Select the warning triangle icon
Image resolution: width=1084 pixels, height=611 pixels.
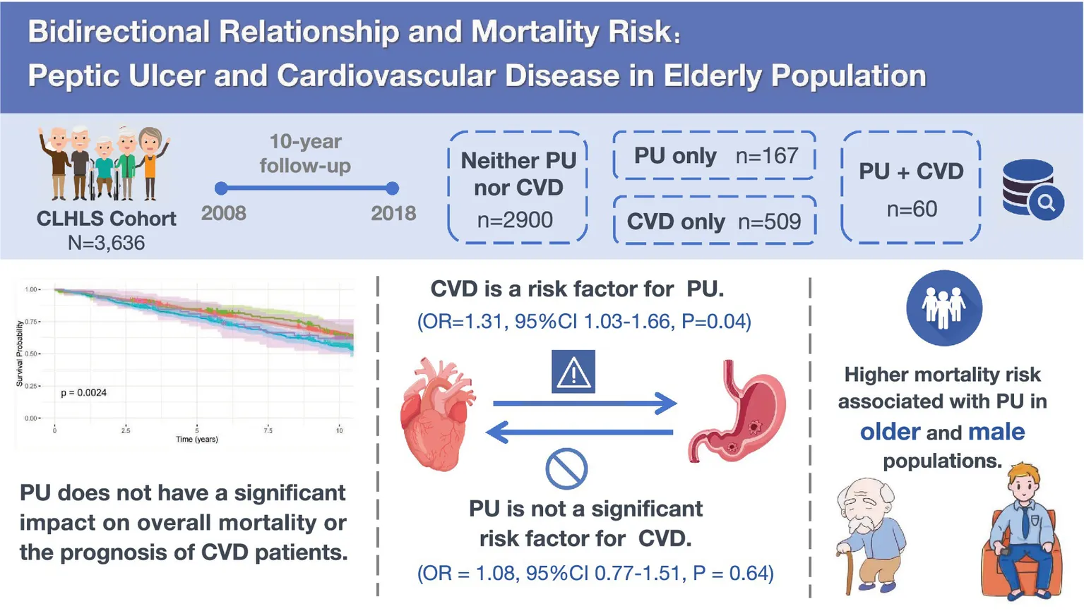click(x=573, y=372)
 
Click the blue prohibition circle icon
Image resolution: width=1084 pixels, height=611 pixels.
click(x=566, y=468)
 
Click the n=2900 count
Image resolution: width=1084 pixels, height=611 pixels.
click(x=515, y=220)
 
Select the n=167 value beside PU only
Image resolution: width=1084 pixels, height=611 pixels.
click(x=767, y=155)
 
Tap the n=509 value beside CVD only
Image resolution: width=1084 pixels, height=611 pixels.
click(x=769, y=222)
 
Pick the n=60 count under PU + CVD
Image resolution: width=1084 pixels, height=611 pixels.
click(x=912, y=209)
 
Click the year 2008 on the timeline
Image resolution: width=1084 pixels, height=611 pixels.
click(x=224, y=213)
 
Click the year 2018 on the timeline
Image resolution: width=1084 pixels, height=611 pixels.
click(x=393, y=213)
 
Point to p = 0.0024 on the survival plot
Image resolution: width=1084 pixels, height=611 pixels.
click(x=83, y=392)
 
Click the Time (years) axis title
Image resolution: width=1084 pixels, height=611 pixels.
click(x=197, y=439)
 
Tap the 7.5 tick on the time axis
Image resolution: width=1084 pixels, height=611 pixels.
click(x=268, y=430)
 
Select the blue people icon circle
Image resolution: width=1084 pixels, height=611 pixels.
click(x=944, y=308)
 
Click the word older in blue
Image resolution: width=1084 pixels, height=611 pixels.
click(x=890, y=431)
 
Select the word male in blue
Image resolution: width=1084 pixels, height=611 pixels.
click(x=996, y=431)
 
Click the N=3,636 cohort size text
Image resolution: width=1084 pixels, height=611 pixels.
click(x=106, y=243)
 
